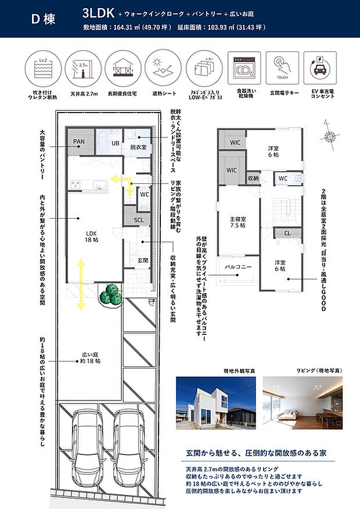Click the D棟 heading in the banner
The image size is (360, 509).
tap(42, 19)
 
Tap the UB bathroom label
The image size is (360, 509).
tap(115, 143)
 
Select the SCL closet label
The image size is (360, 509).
tap(139, 220)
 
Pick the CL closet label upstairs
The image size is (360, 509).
tap(287, 233)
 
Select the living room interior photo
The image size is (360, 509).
tap(303, 402)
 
